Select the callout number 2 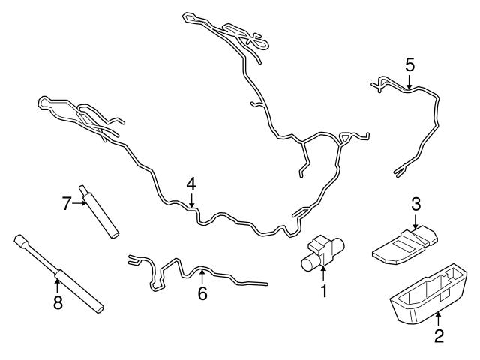click(x=439, y=335)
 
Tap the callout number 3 click(x=415, y=203)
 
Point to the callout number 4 click(x=191, y=183)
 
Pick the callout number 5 click(x=409, y=64)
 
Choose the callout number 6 click(x=202, y=293)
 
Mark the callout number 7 click(x=66, y=202)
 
